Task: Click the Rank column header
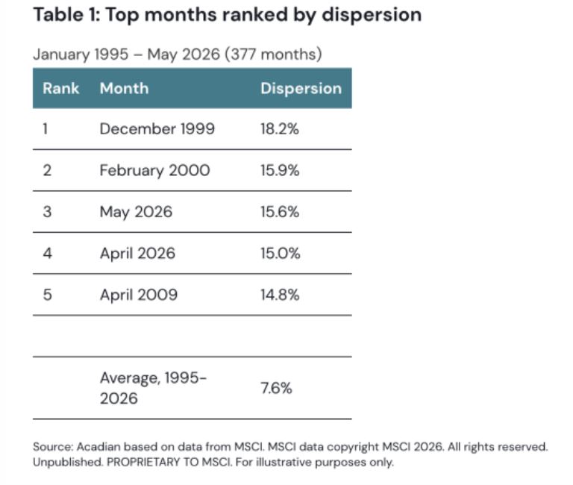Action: click(60, 89)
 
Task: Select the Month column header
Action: click(125, 89)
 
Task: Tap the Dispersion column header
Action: click(301, 89)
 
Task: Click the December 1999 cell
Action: click(157, 129)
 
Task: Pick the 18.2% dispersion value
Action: click(280, 129)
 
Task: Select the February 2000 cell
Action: click(154, 171)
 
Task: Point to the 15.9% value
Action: click(280, 170)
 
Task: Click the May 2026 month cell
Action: click(136, 213)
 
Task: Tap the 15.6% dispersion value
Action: click(280, 212)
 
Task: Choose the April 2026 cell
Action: click(137, 254)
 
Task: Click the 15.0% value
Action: click(281, 253)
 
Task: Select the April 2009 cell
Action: click(139, 295)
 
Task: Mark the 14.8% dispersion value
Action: click(280, 295)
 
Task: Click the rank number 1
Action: click(46, 129)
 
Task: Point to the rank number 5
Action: click(48, 295)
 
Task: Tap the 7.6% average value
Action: click(276, 388)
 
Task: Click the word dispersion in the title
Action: click(372, 16)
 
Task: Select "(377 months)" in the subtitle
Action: click(273, 54)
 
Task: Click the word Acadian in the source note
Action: click(98, 447)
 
